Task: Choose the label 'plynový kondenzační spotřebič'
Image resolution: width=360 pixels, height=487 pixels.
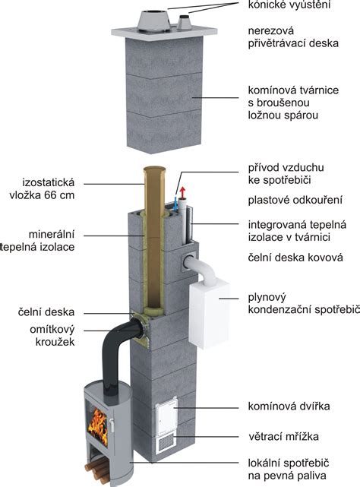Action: click(302, 303)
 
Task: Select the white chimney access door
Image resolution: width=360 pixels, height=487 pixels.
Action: click(166, 417)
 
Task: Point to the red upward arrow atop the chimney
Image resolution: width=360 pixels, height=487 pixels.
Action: click(181, 190)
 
